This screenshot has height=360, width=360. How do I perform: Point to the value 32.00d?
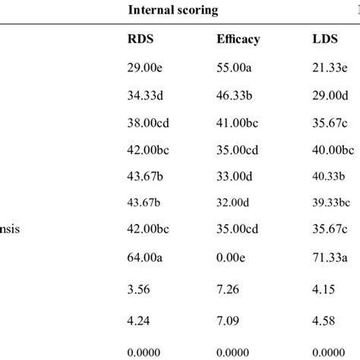point(235,203)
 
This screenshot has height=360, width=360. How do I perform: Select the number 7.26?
point(229,288)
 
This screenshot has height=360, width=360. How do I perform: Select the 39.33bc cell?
point(332,203)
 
